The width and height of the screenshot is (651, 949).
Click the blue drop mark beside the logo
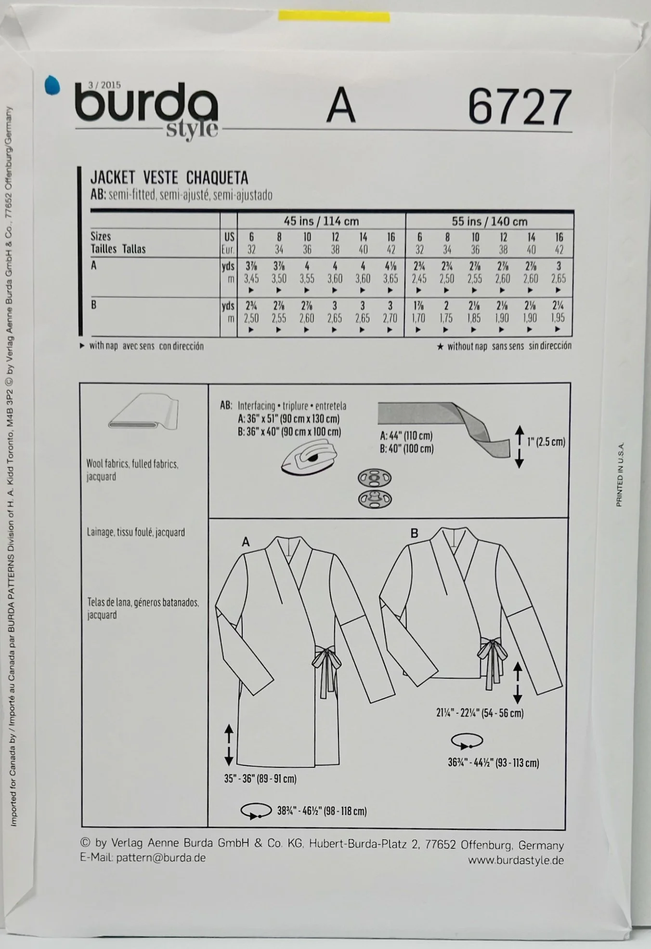pos(52,86)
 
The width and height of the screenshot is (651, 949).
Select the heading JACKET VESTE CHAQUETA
pos(169,178)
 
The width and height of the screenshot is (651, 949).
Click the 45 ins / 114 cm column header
pos(321,221)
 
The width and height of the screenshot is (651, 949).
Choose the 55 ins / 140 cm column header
pos(489,222)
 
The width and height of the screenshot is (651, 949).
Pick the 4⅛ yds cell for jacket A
pos(391,266)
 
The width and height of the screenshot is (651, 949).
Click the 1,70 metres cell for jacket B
pos(418,318)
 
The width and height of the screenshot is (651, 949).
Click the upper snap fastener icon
pos(374,479)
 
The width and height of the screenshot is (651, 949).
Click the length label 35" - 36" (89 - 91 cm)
pos(260,778)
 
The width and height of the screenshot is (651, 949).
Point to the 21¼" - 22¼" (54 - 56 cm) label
pos(480,712)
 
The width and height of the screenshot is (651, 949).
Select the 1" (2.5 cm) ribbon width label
pos(546,442)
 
